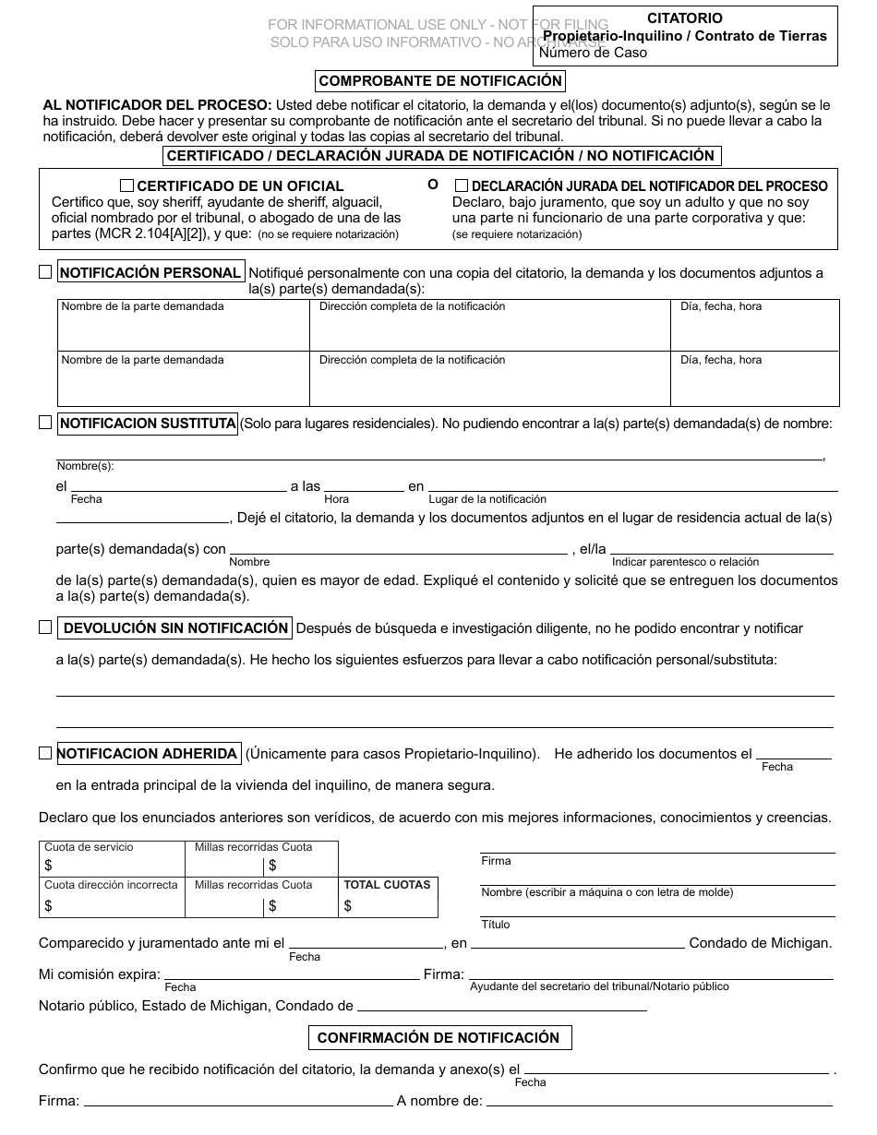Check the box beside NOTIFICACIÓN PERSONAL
(x=45, y=272)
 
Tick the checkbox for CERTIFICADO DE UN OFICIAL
(x=127, y=185)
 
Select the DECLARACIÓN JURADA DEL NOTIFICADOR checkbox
(x=462, y=185)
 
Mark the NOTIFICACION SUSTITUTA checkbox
(x=45, y=423)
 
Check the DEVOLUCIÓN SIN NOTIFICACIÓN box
(x=45, y=627)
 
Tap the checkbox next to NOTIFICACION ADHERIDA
(x=45, y=753)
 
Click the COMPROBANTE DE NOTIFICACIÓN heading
(x=439, y=81)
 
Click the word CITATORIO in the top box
(x=684, y=18)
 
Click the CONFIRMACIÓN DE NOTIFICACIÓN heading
(x=439, y=1038)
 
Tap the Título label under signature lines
(x=495, y=925)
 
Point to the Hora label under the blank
(x=336, y=499)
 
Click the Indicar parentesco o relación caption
(x=685, y=562)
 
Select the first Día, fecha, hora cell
(x=755, y=325)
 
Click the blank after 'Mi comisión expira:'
(x=291, y=974)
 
